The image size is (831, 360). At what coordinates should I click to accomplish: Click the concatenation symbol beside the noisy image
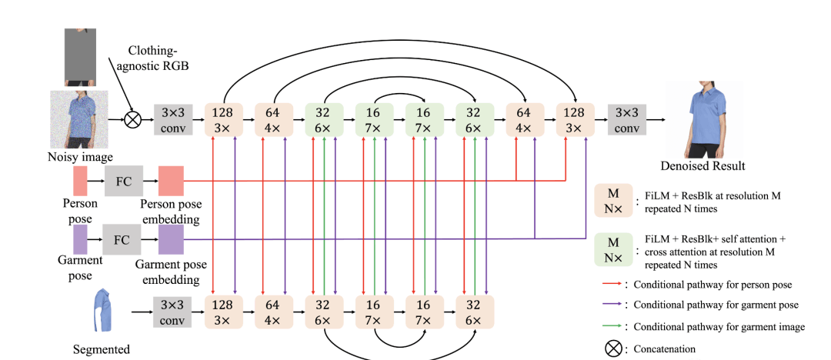click(133, 120)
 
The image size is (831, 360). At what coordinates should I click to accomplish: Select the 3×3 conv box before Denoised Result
click(626, 119)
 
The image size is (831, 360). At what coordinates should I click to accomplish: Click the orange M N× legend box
click(612, 201)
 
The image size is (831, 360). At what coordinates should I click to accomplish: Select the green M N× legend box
click(612, 248)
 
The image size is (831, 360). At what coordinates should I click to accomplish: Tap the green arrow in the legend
click(612, 326)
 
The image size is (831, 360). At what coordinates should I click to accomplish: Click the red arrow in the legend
click(612, 285)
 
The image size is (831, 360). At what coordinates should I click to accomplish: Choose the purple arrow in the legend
click(612, 305)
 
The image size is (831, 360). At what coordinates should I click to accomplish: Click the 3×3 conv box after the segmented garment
click(172, 312)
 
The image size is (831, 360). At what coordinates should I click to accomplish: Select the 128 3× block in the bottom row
click(224, 312)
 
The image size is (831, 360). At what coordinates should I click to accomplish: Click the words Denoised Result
click(702, 165)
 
